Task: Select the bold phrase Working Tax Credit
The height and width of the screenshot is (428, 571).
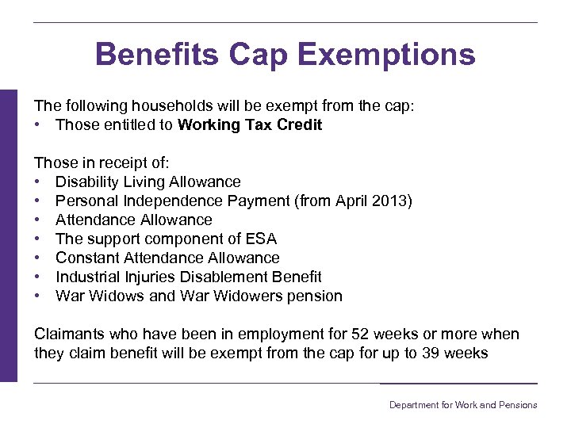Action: pos(250,124)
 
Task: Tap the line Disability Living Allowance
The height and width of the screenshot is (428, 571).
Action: pos(148,182)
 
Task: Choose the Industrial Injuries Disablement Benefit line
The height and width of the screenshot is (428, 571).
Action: pos(188,277)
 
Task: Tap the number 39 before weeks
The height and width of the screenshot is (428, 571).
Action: pos(430,353)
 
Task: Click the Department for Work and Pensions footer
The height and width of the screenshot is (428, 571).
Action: pos(462,405)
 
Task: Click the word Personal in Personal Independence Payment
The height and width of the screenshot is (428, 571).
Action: pos(84,201)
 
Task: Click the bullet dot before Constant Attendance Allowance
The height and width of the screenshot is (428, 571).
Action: pos(38,258)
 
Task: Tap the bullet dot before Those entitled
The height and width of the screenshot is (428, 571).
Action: pos(38,124)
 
